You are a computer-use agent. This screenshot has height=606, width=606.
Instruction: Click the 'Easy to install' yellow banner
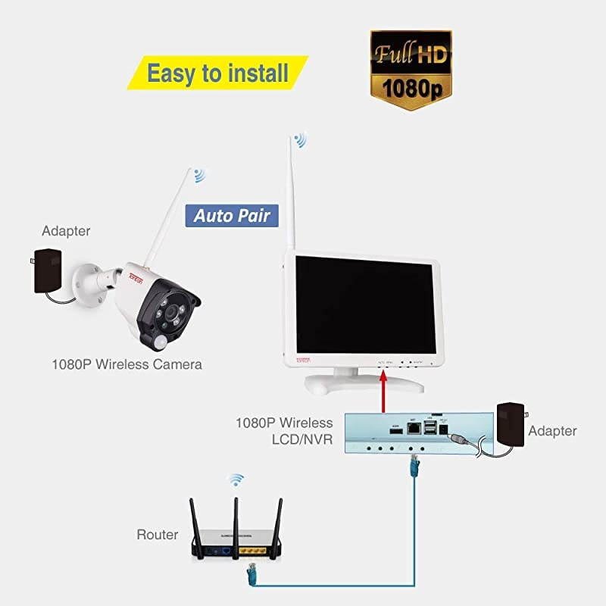pos(217,73)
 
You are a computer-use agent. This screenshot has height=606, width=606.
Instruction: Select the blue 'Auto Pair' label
pos(231,215)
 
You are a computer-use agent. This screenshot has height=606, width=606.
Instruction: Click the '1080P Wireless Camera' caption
pos(127,364)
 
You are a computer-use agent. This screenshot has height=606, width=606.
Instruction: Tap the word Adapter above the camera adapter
pos(66,230)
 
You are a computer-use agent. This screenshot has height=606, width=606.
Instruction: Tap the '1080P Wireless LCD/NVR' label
pos(284,430)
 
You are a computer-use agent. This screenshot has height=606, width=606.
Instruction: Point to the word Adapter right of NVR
pos(552,431)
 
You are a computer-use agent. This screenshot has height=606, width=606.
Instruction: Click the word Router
pos(157,535)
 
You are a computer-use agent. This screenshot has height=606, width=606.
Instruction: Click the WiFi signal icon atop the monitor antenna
pos(301,140)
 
